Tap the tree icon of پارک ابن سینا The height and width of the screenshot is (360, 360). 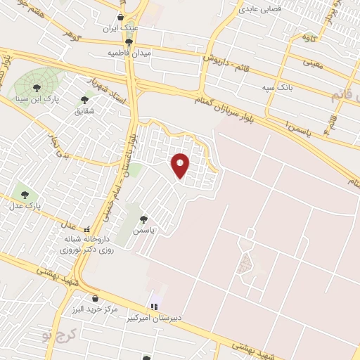point(36,88)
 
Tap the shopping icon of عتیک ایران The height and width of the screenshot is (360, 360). point(120,17)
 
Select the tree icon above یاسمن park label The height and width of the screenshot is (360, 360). point(144,219)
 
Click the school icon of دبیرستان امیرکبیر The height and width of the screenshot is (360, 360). point(154,307)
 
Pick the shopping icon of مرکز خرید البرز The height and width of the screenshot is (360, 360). point(94,298)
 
